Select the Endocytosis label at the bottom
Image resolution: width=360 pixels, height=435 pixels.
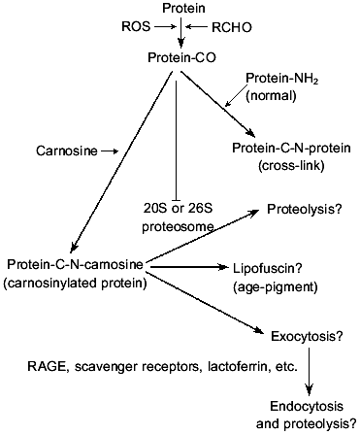pyautogui.click(x=305, y=409)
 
